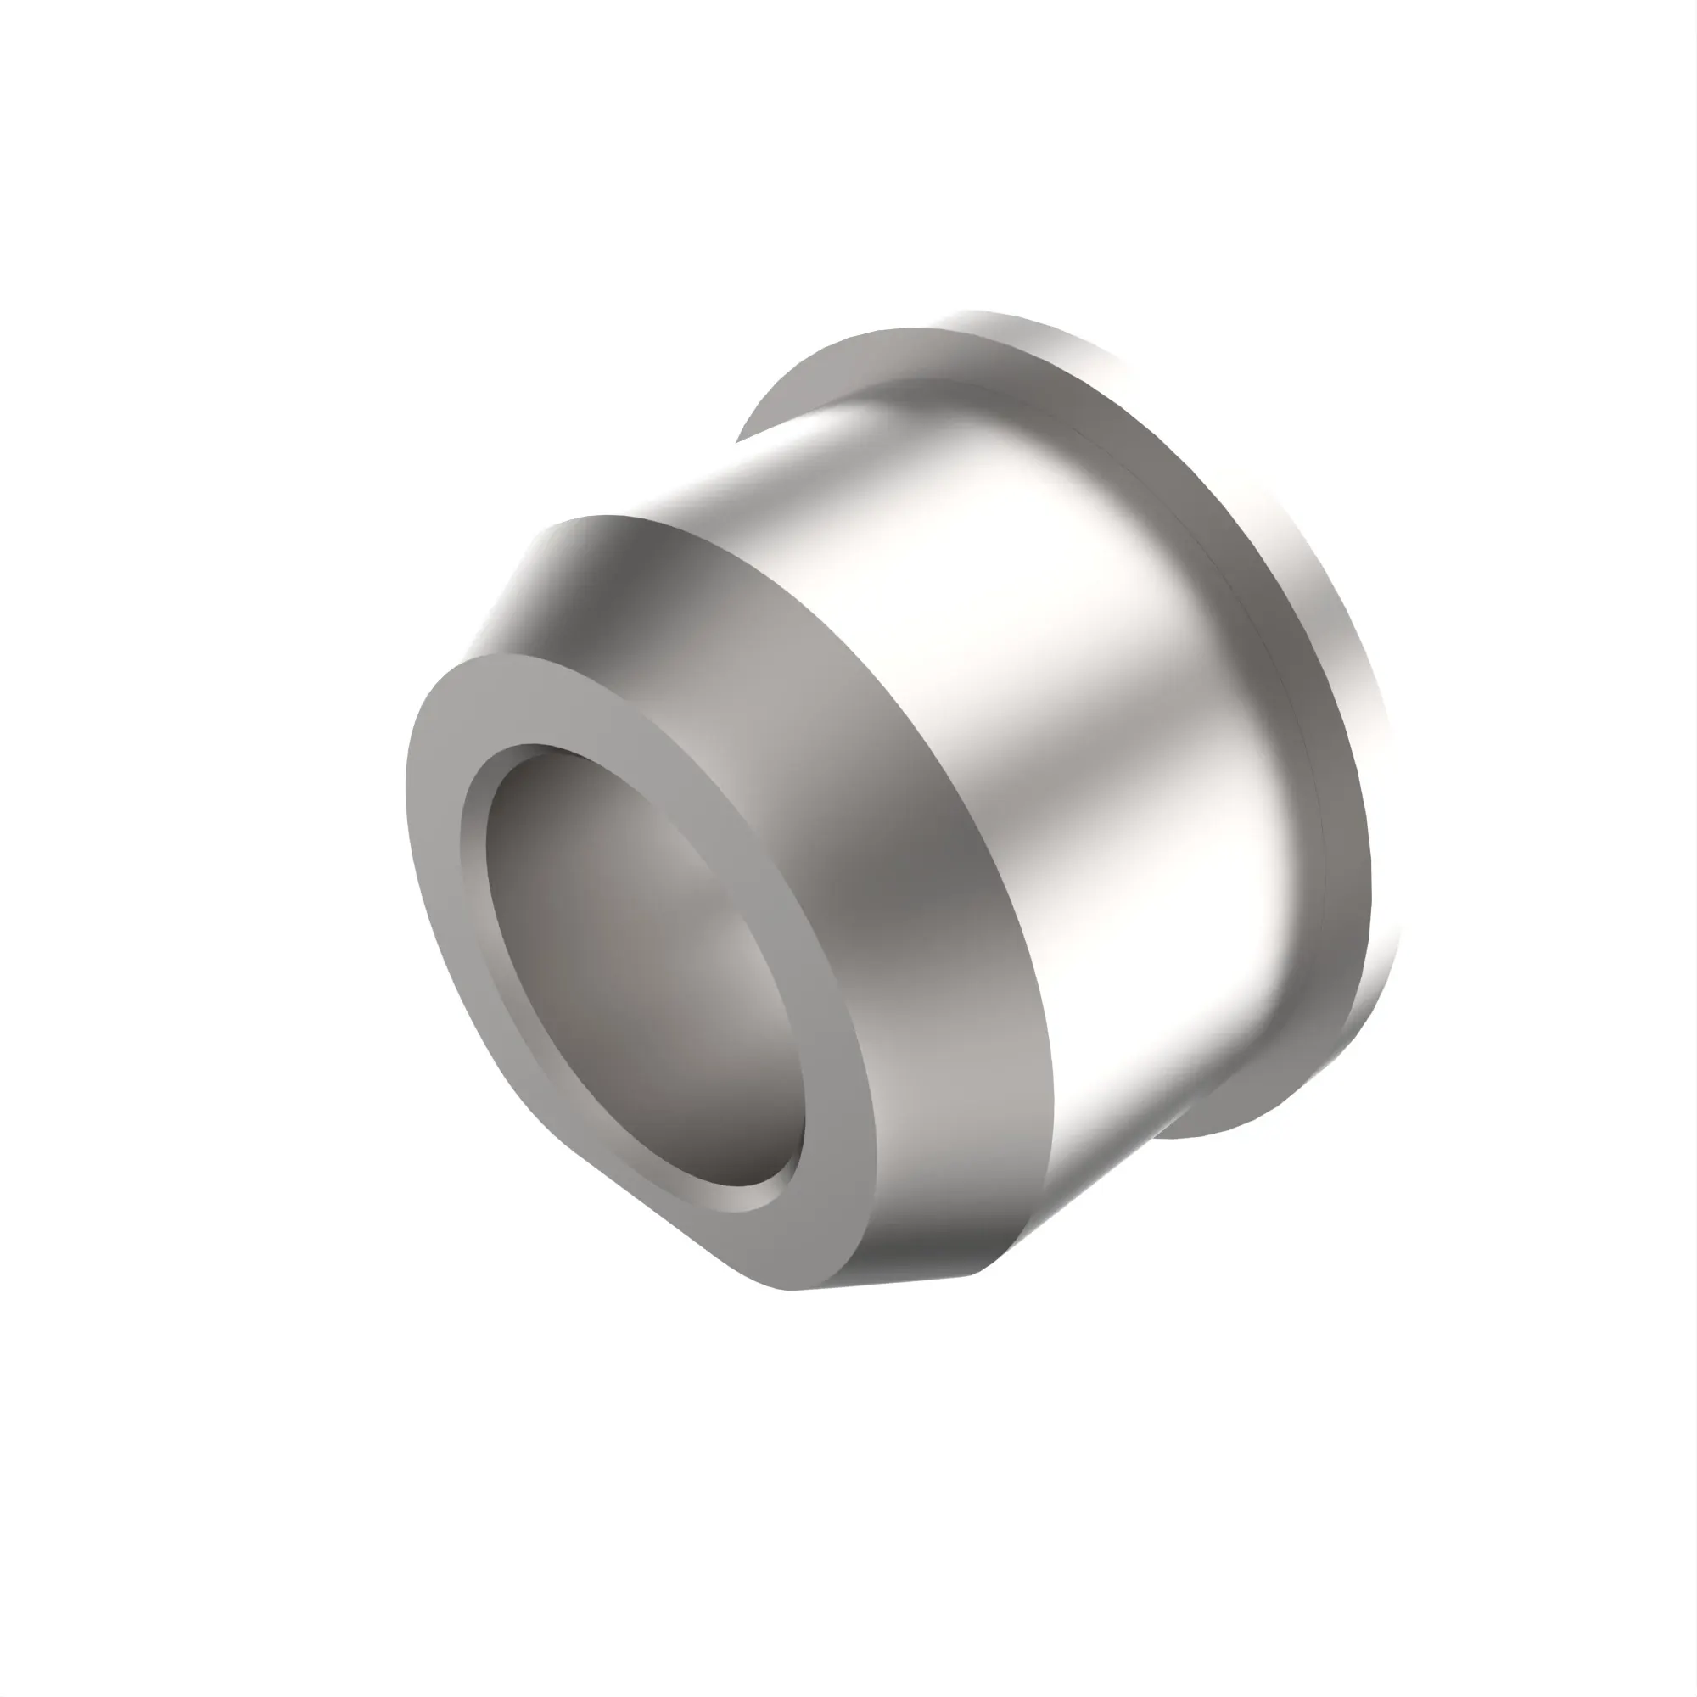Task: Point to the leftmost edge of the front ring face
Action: tap(407, 791)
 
